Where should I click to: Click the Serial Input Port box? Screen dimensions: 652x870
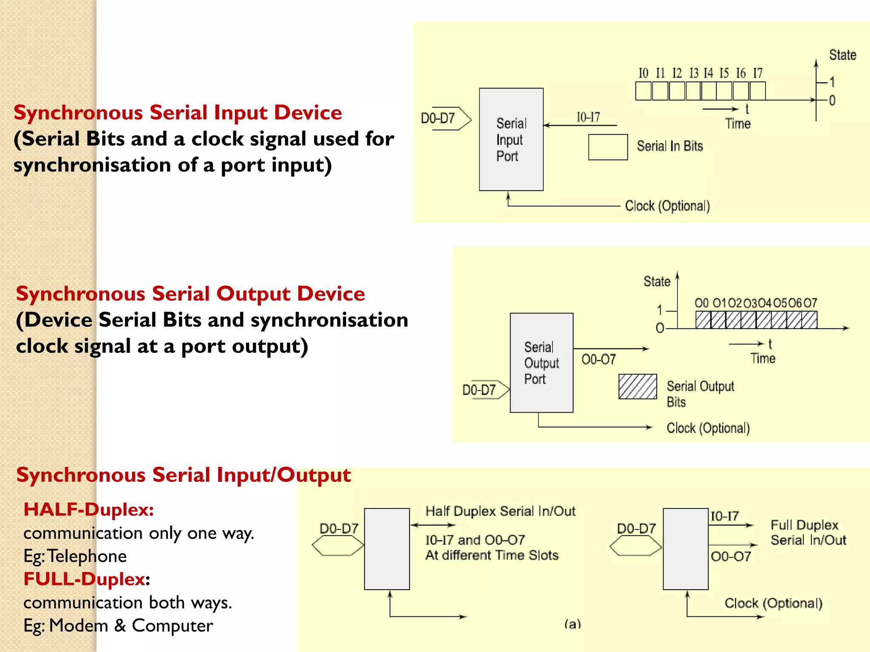pyautogui.click(x=511, y=139)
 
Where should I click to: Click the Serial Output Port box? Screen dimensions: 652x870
pyautogui.click(x=541, y=363)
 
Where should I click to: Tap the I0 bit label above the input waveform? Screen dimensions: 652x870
pyautogui.click(x=643, y=73)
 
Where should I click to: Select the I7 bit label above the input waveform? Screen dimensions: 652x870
pyautogui.click(x=757, y=73)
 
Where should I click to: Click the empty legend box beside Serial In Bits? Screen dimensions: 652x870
pyautogui.click(x=608, y=147)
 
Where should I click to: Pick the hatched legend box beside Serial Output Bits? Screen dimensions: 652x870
pyautogui.click(x=637, y=386)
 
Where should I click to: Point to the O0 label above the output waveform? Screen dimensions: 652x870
pyautogui.click(x=702, y=303)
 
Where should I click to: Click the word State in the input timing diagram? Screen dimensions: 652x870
pyautogui.click(x=842, y=55)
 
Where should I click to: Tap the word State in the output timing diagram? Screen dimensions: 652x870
pyautogui.click(x=657, y=281)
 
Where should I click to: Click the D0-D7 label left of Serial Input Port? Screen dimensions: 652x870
pyautogui.click(x=438, y=118)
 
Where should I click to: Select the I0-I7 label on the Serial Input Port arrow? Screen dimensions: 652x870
pyautogui.click(x=588, y=117)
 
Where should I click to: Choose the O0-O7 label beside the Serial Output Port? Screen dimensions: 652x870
pyautogui.click(x=599, y=360)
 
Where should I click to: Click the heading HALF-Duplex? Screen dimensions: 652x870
pyautogui.click(x=88, y=509)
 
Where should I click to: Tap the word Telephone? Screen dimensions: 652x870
pyautogui.click(x=87, y=556)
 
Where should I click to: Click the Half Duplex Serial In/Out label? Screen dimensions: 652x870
pyautogui.click(x=500, y=511)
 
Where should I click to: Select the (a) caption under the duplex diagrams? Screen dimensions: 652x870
pyautogui.click(x=573, y=624)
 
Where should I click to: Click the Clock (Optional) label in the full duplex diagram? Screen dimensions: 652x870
pyautogui.click(x=773, y=603)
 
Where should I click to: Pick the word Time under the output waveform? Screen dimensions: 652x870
pyautogui.click(x=763, y=359)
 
